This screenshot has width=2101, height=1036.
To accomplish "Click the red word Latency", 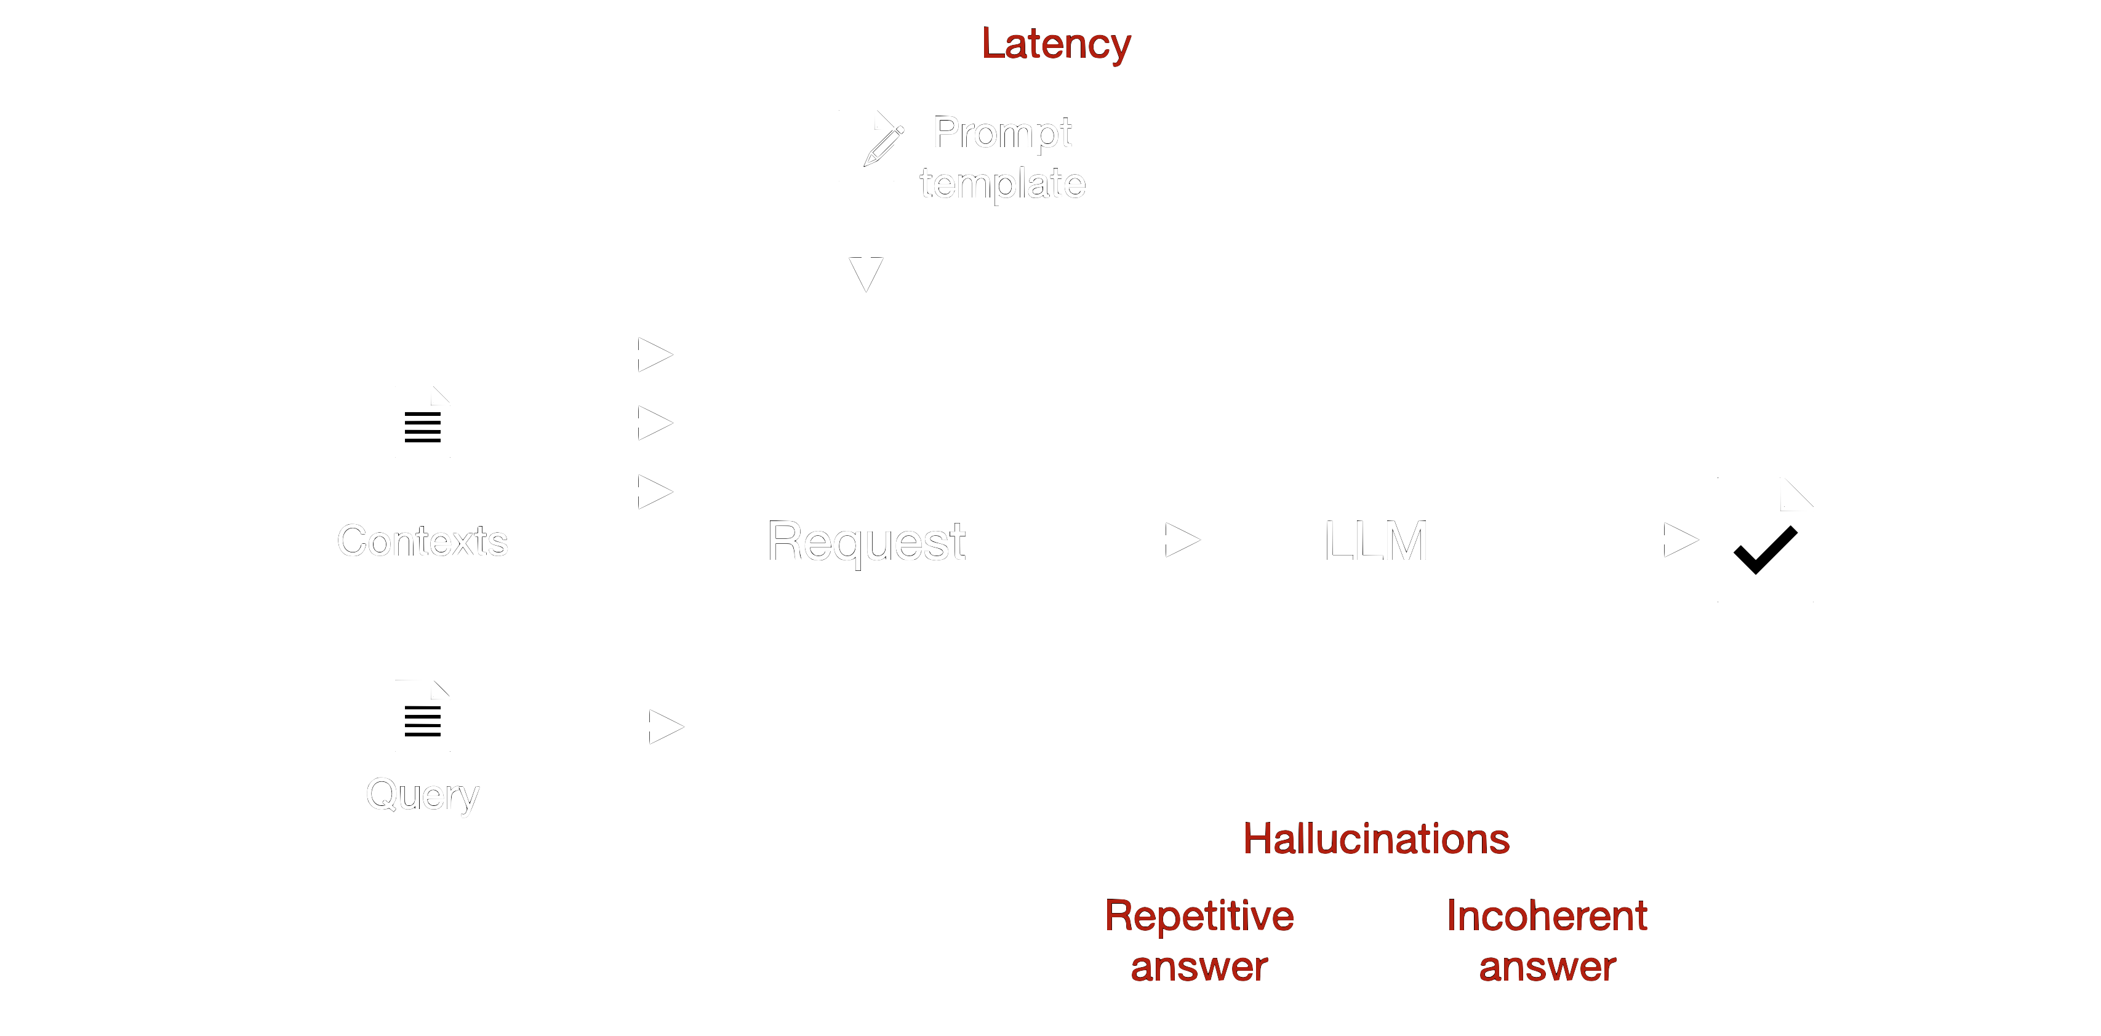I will pos(1055,44).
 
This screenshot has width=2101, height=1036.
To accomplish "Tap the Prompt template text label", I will pos(1002,157).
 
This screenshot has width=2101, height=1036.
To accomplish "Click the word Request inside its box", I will pos(866,541).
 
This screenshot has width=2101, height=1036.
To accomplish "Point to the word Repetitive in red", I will pos(1199,915).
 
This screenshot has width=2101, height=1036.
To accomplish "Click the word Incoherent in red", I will pos(1547,915).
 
